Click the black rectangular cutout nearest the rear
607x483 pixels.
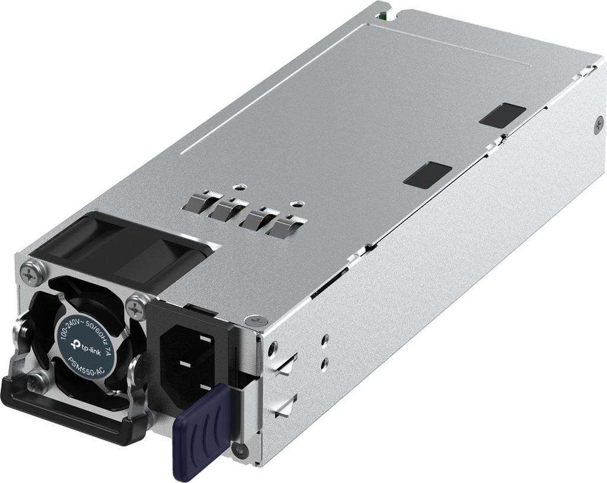(503, 114)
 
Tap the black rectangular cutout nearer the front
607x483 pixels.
(427, 174)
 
